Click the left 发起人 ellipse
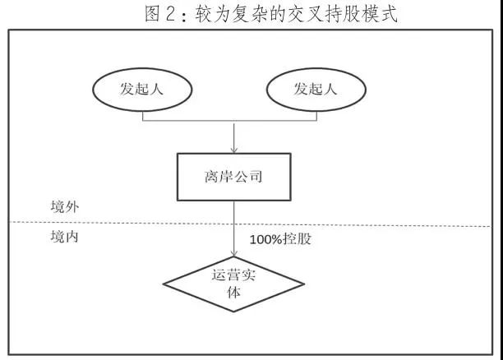pos(143,88)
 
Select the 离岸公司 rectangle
pos(234,177)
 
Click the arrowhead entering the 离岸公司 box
pos(235,150)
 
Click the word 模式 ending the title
pos(377,14)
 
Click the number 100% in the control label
pos(267,240)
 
